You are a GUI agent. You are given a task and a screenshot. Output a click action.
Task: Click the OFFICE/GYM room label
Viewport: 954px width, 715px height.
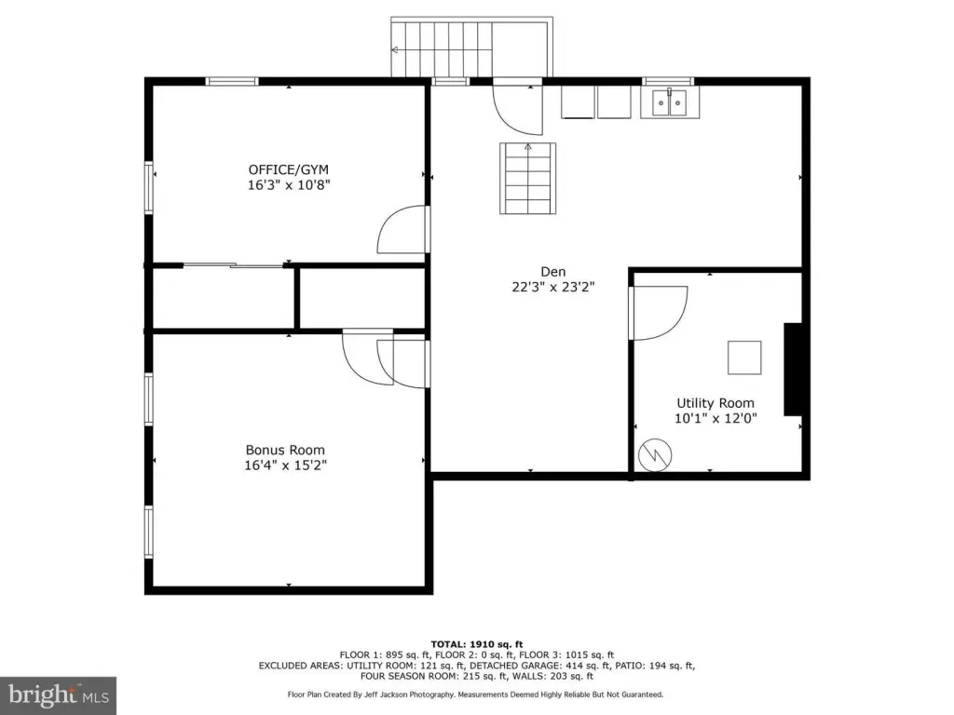click(289, 169)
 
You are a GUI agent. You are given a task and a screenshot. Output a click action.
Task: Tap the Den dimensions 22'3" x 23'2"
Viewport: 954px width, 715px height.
click(553, 287)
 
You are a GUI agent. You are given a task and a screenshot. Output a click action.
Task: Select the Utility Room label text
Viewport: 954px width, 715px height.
click(715, 403)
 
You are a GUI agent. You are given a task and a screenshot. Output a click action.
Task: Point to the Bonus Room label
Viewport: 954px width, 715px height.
click(285, 450)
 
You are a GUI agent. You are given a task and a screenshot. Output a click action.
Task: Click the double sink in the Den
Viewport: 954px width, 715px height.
click(669, 102)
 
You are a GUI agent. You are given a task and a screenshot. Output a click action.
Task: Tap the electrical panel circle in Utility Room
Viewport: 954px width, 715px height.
click(655, 455)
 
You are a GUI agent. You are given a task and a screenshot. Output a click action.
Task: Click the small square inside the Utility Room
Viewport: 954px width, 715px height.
click(744, 357)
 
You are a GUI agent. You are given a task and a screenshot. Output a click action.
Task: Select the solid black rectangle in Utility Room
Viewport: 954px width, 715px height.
click(792, 370)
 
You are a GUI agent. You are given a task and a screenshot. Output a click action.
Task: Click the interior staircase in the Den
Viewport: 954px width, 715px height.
click(527, 178)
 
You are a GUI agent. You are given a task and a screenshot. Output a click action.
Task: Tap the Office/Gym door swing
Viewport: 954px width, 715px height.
click(401, 230)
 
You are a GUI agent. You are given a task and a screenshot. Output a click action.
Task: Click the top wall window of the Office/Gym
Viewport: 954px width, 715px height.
click(232, 82)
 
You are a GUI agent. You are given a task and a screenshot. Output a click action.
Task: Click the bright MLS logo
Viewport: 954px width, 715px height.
click(59, 695)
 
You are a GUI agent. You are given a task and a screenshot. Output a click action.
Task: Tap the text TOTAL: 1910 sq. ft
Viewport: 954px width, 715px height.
click(477, 644)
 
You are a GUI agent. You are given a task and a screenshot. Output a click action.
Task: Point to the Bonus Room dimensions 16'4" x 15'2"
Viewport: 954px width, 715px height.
click(285, 465)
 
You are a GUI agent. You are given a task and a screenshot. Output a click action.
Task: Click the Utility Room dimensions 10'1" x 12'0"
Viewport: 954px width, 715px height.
click(715, 418)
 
